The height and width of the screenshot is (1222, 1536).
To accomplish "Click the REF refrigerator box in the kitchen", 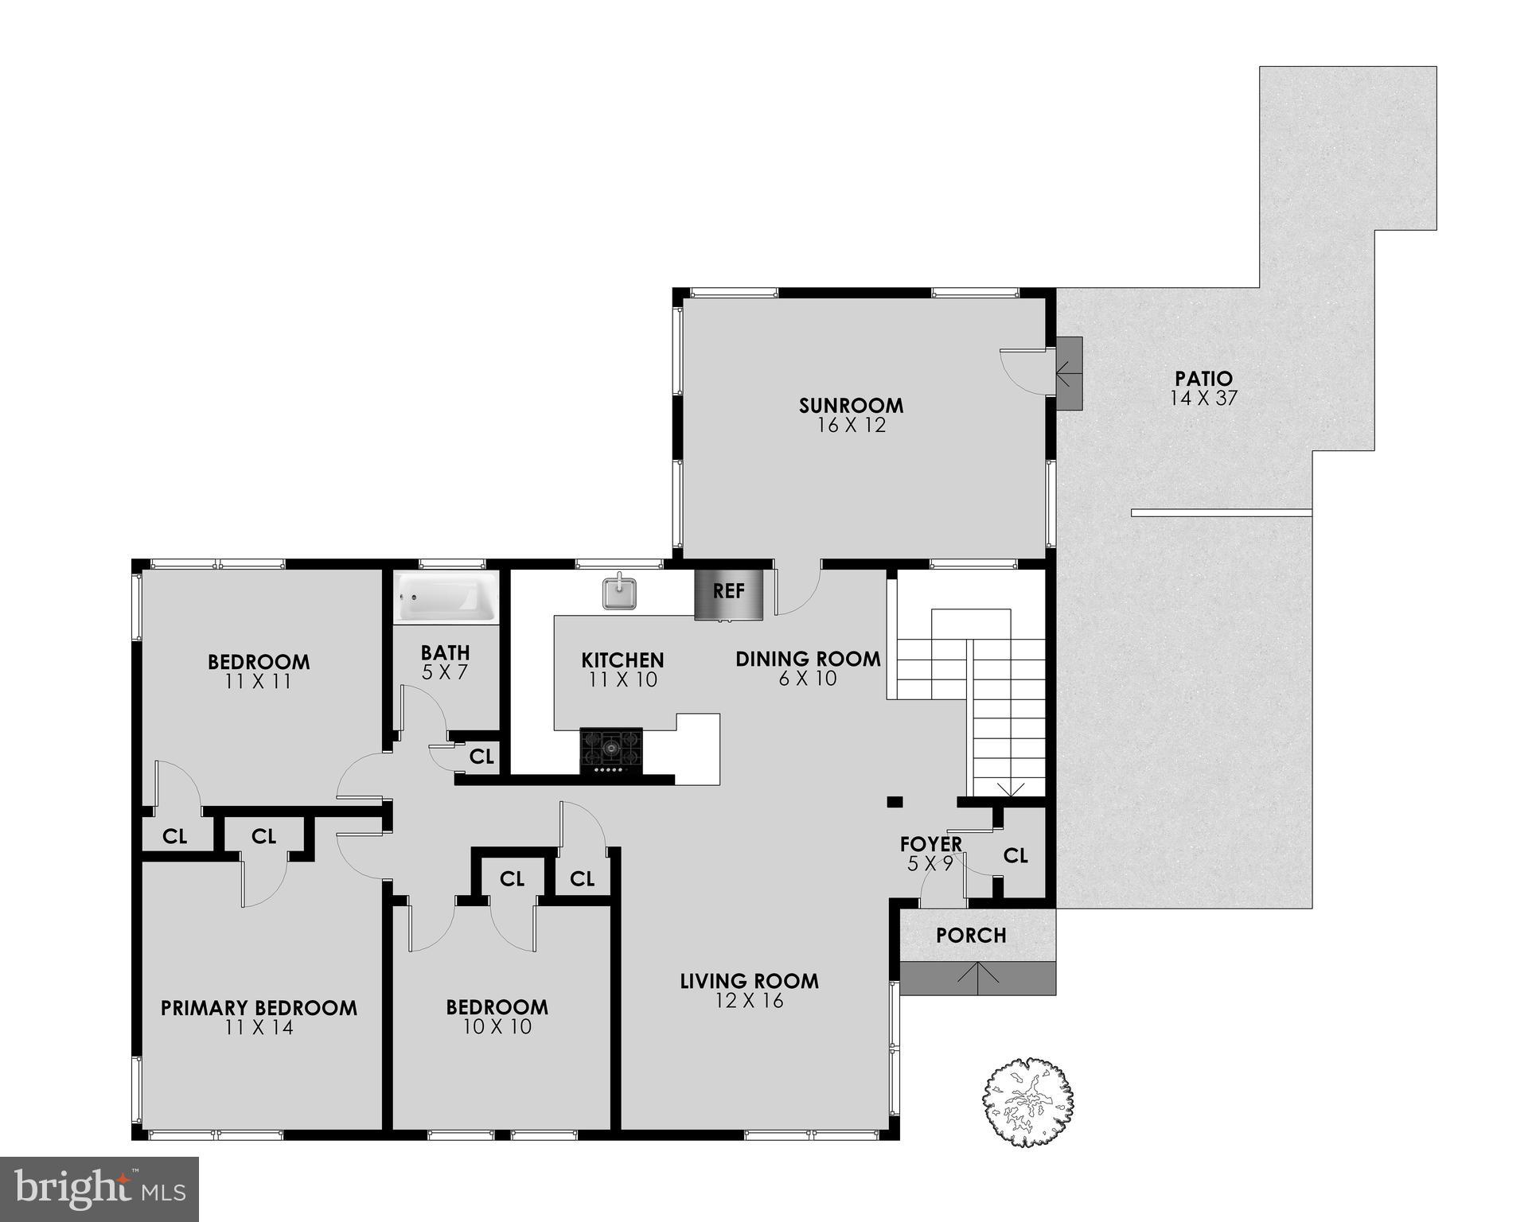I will (729, 593).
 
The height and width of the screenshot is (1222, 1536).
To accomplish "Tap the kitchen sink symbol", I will (619, 592).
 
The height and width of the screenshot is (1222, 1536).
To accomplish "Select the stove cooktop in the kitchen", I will (611, 749).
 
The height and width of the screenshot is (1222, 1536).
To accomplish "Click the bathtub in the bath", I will (446, 597).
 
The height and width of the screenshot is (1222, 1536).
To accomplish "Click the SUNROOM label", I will (851, 405).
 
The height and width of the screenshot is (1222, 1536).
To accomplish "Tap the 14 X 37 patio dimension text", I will (1203, 399).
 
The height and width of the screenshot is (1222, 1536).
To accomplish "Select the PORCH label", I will (971, 935).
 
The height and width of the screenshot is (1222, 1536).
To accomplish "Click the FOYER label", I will (930, 843).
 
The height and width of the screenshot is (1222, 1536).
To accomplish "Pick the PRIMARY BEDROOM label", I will (259, 1008).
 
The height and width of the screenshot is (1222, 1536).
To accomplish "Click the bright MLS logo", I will (99, 1189).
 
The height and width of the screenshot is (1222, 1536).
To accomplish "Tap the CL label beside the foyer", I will (1016, 855).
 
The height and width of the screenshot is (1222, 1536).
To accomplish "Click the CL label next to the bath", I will (481, 756).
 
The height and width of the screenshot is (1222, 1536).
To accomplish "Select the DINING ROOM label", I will (808, 659).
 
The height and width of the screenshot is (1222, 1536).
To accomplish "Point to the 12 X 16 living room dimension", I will (749, 1001).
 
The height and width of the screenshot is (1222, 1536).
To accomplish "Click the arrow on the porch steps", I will (977, 977).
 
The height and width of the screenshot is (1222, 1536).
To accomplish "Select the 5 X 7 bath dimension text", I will (445, 672).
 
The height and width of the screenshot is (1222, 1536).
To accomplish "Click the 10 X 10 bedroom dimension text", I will (497, 1027).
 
